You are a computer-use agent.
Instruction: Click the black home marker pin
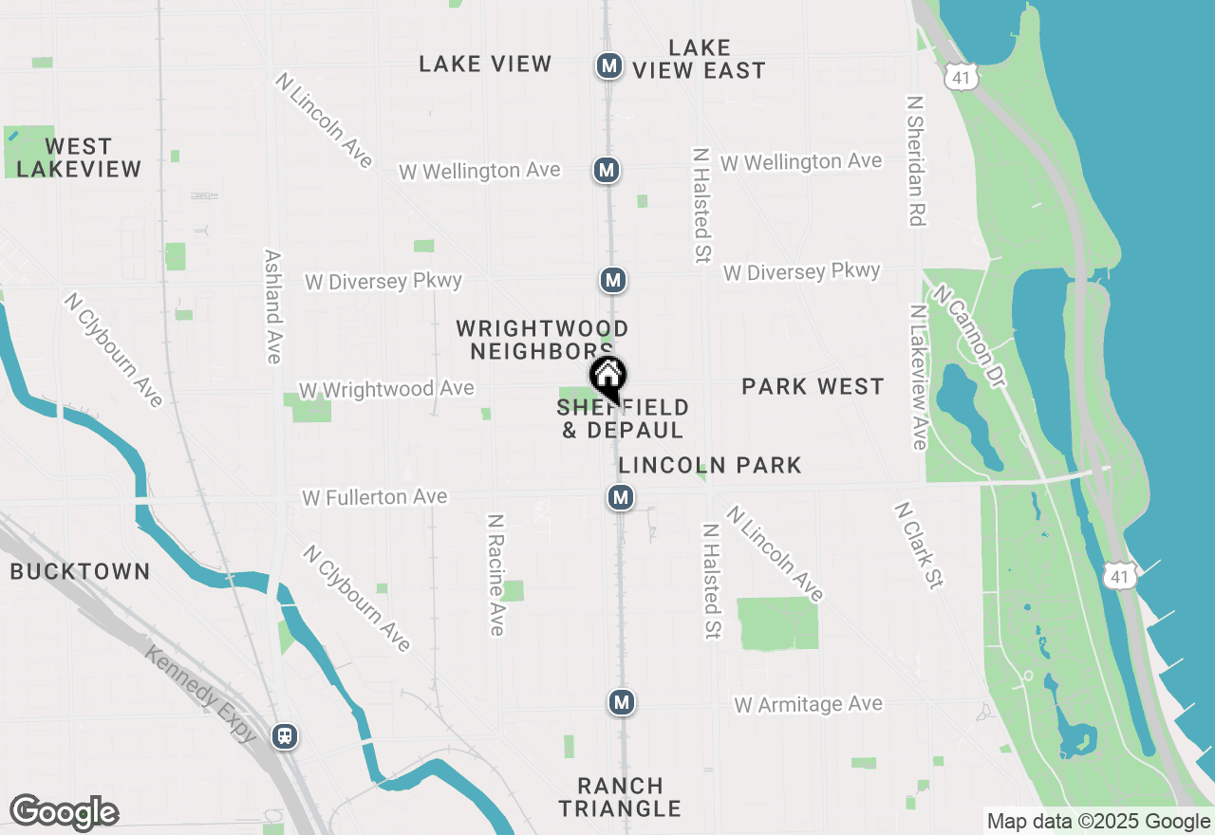click(607, 377)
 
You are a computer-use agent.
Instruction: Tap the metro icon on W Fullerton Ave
click(621, 497)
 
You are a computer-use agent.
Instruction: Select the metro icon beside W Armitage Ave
click(621, 702)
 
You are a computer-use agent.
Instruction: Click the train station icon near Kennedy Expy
click(284, 735)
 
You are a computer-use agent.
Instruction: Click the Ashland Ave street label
click(273, 306)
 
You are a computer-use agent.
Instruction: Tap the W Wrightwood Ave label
click(386, 390)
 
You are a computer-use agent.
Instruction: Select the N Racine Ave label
click(495, 575)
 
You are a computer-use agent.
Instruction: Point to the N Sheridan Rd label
click(915, 159)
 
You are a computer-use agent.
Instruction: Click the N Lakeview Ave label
click(918, 377)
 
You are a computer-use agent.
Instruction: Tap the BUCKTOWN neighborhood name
click(80, 571)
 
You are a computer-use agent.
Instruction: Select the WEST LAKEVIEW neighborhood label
click(79, 158)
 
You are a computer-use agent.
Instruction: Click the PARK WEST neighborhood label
click(813, 386)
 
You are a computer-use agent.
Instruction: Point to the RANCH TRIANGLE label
click(620, 797)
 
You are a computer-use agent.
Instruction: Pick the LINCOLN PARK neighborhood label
click(710, 465)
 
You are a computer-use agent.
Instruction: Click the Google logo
click(64, 812)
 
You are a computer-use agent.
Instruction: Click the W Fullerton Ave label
click(374, 497)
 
